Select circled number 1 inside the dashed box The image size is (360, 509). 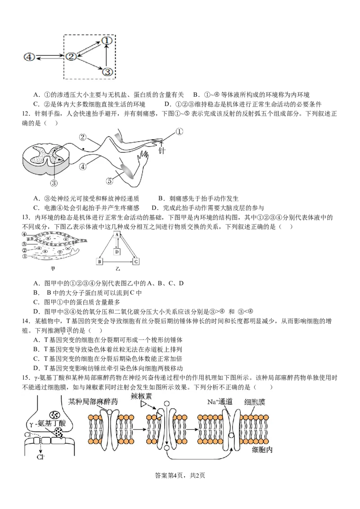[x=106, y=40]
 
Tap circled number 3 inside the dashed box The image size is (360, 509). [x=107, y=71]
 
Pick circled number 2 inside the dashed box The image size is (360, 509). [x=71, y=57]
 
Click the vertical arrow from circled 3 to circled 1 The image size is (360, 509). [x=106, y=56]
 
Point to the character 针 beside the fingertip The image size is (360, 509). [x=162, y=151]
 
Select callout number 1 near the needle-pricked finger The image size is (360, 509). [x=180, y=132]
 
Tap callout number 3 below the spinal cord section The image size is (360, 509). [x=54, y=183]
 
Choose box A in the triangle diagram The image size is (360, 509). [x=117, y=235]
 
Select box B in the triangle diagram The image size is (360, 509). [x=100, y=261]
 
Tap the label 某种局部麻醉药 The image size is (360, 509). [x=93, y=402]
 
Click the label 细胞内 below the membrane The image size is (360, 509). [x=262, y=449]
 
